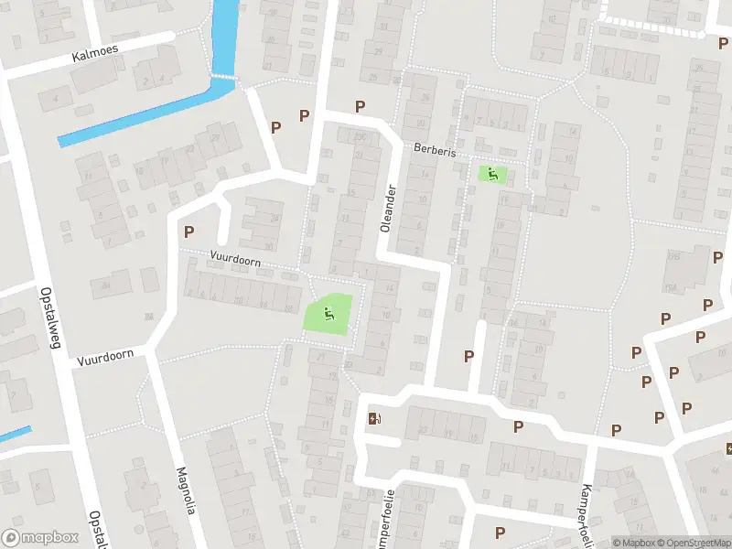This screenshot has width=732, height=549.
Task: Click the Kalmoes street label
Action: [x=94, y=56]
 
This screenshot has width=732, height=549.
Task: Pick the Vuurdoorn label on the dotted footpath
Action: [x=235, y=262]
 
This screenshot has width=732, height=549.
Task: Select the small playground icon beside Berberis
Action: [x=492, y=173]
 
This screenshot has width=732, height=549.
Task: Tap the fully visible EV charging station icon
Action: [x=374, y=419]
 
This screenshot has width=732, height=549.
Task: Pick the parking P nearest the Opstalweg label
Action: [x=189, y=232]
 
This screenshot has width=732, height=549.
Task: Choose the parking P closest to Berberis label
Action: [x=361, y=107]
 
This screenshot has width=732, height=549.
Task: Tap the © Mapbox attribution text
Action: [x=633, y=542]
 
